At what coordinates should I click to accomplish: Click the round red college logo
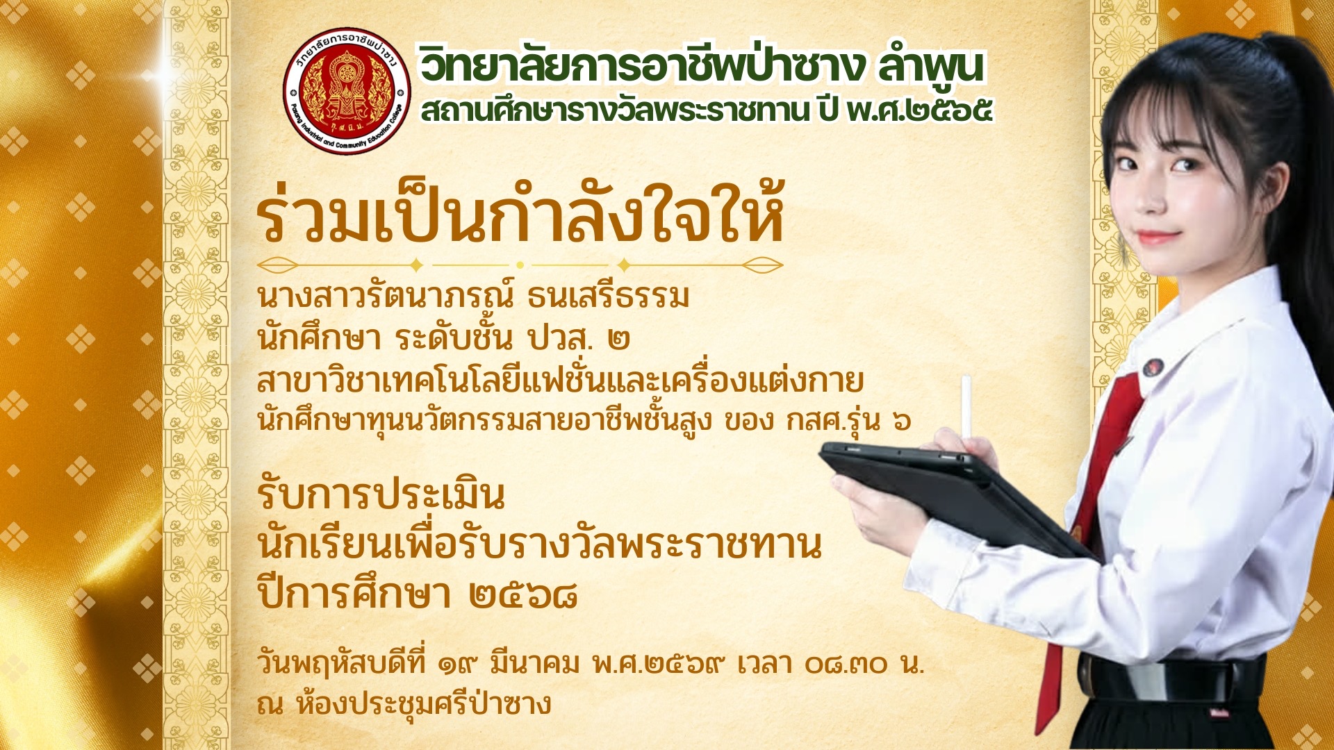[347, 91]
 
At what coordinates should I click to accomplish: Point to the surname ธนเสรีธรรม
[608, 296]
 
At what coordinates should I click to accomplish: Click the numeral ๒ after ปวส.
[618, 340]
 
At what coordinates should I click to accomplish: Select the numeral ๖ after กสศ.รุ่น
[901, 421]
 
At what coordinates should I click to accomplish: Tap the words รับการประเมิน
[381, 495]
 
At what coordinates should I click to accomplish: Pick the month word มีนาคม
[534, 664]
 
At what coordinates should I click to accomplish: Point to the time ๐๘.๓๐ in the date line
[847, 665]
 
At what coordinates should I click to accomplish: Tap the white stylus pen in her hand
[966, 410]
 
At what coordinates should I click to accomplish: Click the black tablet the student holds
[959, 497]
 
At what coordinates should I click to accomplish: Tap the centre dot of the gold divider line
[520, 265]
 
